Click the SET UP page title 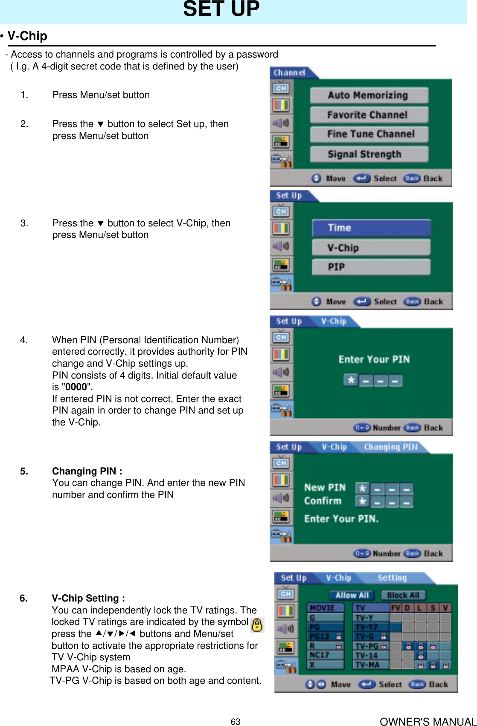pyautogui.click(x=221, y=9)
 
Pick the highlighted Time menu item pyautogui.click(x=371, y=228)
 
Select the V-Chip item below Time pyautogui.click(x=371, y=248)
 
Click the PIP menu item pyautogui.click(x=371, y=267)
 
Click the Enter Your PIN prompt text pyautogui.click(x=374, y=359)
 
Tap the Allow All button pyautogui.click(x=352, y=595)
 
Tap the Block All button pyautogui.click(x=403, y=595)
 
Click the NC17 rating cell pyautogui.click(x=325, y=655)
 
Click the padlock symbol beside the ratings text pyautogui.click(x=257, y=625)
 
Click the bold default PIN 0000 pyautogui.click(x=76, y=387)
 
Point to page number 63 pyautogui.click(x=236, y=721)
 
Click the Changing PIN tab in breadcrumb pyautogui.click(x=390, y=447)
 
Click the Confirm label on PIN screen pyautogui.click(x=323, y=501)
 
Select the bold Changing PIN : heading pyautogui.click(x=87, y=471)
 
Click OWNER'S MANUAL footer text pyautogui.click(x=428, y=721)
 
